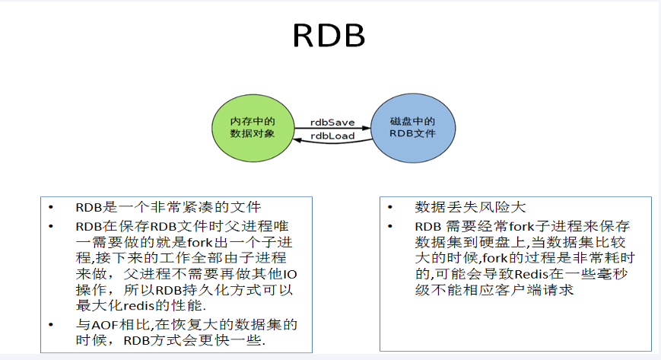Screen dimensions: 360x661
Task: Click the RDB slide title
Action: point(329,37)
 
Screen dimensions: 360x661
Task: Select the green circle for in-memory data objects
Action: point(253,127)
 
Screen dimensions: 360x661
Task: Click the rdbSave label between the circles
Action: point(332,122)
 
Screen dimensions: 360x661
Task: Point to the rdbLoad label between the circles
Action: point(332,136)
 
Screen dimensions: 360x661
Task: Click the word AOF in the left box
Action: point(103,324)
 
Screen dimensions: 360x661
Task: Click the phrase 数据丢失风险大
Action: point(470,208)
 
